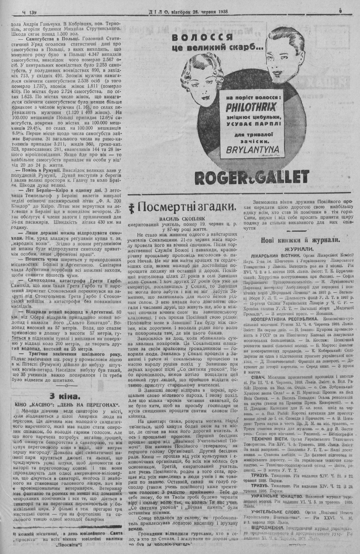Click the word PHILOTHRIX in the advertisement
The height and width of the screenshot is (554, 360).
(x=251, y=107)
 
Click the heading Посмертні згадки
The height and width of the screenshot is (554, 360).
(x=187, y=207)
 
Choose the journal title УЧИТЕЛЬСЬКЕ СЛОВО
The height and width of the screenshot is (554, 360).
(x=276, y=511)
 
